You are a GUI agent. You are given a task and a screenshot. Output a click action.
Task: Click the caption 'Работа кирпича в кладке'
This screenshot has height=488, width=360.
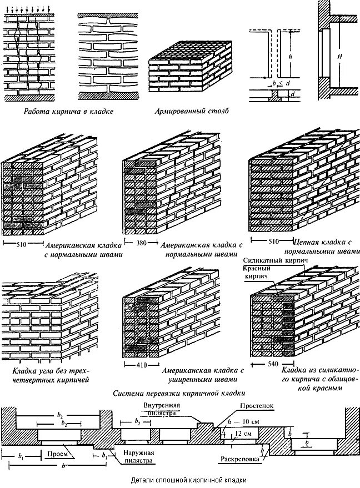(68, 111)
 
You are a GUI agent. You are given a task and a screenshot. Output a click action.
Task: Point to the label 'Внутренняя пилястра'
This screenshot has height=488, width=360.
(160, 409)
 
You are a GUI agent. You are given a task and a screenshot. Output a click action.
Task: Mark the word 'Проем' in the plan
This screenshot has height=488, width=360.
(61, 454)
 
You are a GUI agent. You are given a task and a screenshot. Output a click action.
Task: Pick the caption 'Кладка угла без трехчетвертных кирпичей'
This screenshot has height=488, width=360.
(51, 375)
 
